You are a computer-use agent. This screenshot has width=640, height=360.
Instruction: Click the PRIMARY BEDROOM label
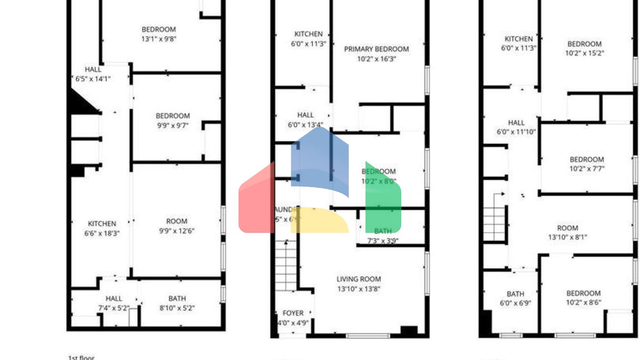click(376, 49)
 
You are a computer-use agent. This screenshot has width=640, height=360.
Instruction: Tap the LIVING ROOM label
click(358, 279)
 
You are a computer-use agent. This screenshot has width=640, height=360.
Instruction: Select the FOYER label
click(293, 313)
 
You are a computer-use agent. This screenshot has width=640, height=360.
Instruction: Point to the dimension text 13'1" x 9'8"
click(159, 39)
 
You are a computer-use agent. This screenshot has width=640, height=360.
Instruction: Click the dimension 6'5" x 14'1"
click(93, 79)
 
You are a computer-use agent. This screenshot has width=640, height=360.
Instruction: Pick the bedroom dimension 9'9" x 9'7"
click(172, 125)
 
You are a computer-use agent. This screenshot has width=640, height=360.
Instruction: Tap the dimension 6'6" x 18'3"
click(102, 233)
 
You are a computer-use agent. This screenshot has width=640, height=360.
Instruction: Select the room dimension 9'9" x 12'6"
click(177, 231)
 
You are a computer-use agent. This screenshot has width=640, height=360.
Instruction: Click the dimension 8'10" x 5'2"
click(177, 308)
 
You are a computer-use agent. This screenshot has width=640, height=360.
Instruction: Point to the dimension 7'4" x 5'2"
click(114, 308)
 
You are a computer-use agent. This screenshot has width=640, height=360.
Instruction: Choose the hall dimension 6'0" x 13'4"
click(305, 125)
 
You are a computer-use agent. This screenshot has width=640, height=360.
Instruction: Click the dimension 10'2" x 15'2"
click(584, 53)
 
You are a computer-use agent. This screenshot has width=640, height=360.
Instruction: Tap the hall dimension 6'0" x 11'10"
click(516, 132)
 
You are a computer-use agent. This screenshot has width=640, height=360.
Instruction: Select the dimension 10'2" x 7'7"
click(587, 169)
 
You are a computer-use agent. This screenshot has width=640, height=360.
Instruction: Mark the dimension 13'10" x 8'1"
click(567, 237)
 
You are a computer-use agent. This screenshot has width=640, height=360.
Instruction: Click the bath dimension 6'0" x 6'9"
click(515, 303)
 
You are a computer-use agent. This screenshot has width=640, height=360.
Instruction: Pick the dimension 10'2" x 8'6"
click(583, 302)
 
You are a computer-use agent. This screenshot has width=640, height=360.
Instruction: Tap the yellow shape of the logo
click(319, 221)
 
